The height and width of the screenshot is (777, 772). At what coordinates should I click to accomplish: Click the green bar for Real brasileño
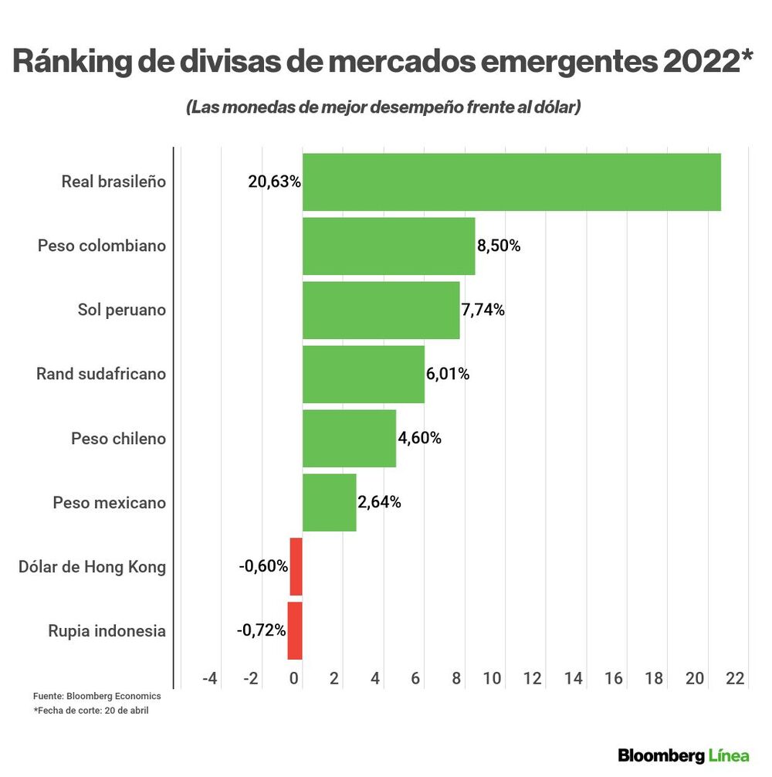(x=511, y=182)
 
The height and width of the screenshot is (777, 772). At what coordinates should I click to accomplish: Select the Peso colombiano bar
(x=388, y=246)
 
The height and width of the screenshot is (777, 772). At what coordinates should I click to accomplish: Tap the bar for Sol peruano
(x=381, y=310)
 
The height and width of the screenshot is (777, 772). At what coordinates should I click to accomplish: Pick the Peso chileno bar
(x=349, y=439)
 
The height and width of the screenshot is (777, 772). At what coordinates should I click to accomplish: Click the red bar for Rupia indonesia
(x=295, y=631)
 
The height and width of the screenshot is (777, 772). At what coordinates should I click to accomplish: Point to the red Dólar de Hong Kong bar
(x=296, y=567)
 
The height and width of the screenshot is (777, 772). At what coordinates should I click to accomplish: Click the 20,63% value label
(x=274, y=182)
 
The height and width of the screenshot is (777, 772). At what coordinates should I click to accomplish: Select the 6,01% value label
(x=448, y=375)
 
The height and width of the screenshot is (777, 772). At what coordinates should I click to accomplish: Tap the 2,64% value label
(x=379, y=503)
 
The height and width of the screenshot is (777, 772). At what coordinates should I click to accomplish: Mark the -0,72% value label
(x=261, y=631)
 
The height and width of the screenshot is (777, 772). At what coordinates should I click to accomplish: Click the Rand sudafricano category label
(x=101, y=375)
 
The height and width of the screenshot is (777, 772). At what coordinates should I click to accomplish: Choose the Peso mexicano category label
(x=110, y=503)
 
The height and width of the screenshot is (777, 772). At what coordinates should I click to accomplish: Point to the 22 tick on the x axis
(x=735, y=679)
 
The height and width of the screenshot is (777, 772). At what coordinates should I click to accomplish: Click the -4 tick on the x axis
(x=210, y=679)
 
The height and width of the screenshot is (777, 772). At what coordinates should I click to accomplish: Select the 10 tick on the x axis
(x=492, y=679)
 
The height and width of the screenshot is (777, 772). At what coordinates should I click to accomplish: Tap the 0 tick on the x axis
(x=294, y=679)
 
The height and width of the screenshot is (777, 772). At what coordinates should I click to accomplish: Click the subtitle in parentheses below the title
(x=383, y=107)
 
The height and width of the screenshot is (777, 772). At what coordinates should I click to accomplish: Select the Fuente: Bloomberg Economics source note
(x=97, y=697)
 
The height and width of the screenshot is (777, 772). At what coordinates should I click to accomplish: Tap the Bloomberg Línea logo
(x=683, y=755)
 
